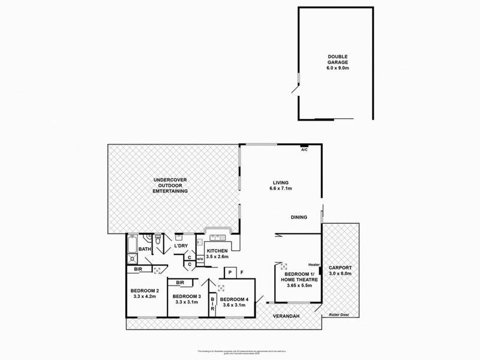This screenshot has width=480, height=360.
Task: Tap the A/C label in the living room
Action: tap(304, 151)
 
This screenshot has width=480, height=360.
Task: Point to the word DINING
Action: tap(299, 217)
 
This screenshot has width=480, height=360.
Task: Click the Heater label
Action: tap(313, 265)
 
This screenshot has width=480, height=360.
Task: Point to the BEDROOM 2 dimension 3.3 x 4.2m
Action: tap(143, 297)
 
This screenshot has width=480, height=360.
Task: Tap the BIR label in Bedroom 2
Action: tap(138, 270)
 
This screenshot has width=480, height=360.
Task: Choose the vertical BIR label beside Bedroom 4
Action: tap(212, 305)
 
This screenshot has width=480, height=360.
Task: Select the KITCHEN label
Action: tap(217, 251)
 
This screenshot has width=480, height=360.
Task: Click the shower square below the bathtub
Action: tap(131, 259)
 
